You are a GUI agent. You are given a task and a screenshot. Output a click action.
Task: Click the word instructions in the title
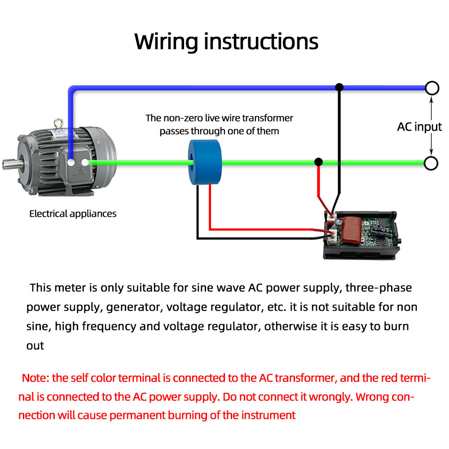click(261, 41)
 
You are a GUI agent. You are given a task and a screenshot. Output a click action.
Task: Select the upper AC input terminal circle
click(431, 88)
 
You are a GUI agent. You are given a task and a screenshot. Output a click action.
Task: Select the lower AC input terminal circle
click(431, 163)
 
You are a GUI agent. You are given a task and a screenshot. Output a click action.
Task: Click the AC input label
click(419, 127)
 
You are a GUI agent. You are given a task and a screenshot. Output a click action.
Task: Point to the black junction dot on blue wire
click(339, 87)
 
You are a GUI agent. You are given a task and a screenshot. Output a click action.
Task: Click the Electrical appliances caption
click(73, 214)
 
